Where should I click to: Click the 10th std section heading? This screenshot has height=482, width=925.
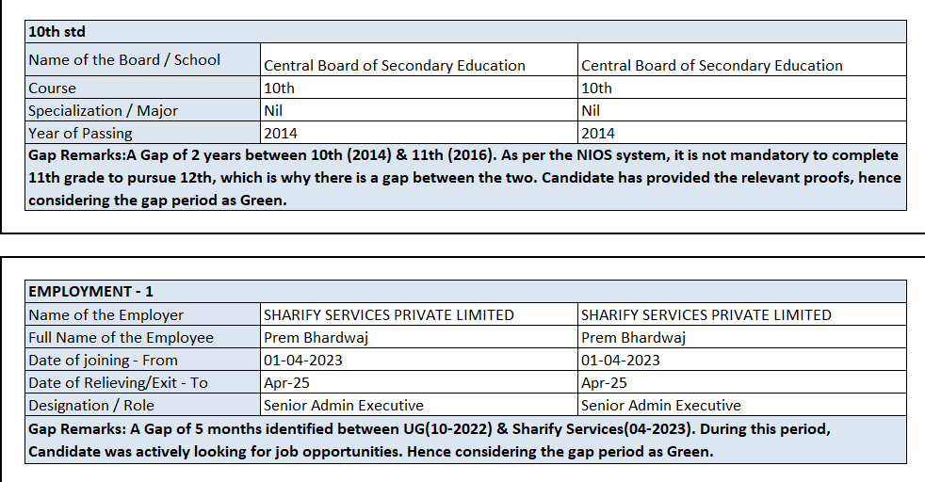coord(57,32)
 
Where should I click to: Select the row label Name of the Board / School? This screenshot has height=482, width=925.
coord(123,60)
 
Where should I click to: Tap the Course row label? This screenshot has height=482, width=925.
coord(52,88)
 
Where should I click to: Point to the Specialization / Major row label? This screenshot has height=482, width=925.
coord(103,111)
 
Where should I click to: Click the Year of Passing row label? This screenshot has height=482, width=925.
coord(80,134)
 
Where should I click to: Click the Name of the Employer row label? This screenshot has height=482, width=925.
coord(105,315)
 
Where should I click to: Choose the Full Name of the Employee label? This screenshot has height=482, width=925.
coord(121,338)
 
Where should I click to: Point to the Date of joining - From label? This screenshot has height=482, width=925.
coord(103,361)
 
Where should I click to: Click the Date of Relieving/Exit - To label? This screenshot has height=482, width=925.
coord(118,383)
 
